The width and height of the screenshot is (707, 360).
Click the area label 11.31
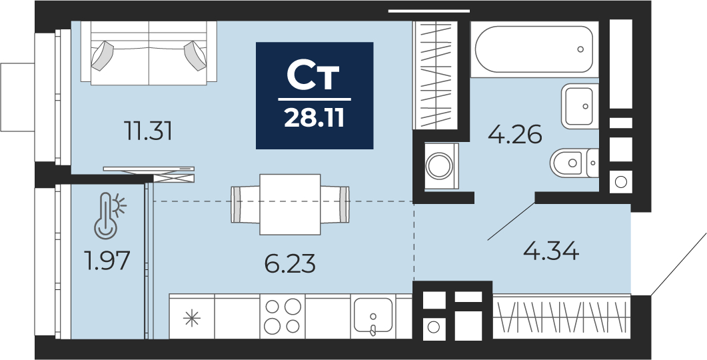coord(148,132)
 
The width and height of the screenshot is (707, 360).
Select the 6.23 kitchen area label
coord(290,264)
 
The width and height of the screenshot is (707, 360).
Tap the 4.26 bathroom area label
coord(515,135)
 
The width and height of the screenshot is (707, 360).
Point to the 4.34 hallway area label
coord(551,251)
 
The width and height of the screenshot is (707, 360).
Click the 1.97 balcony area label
coord(107,261)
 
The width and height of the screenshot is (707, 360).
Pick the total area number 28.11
coord(315,118)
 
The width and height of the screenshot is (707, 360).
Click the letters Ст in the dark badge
coord(313,77)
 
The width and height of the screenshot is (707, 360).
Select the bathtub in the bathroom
coord(534,49)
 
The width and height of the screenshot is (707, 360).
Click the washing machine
coord(441,166)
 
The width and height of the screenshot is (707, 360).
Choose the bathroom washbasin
coord(580,107)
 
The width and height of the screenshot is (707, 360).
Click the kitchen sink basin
coord(372,315)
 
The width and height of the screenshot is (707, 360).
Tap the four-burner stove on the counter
coord(283,316)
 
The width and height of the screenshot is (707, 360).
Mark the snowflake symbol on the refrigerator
coord(191,318)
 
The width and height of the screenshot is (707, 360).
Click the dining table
coord(290,205)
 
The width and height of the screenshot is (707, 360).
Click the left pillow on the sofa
coord(102,55)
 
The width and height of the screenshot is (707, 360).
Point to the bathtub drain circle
coord(580,49)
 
